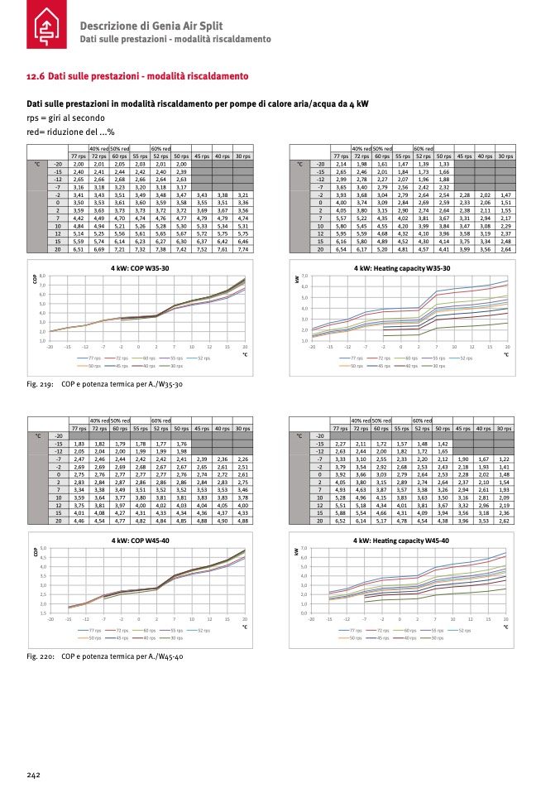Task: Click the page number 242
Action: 33,775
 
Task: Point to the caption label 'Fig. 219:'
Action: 41,384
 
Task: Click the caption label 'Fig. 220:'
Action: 41,656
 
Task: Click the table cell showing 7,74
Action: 242,248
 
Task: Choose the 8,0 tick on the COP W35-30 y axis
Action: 42,275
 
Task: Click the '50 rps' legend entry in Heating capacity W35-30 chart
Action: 357,365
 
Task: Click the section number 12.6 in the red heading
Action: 36,76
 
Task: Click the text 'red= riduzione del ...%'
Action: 69,131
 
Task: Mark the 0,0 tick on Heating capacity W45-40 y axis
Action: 304,613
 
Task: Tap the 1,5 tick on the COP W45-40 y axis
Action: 42,613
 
